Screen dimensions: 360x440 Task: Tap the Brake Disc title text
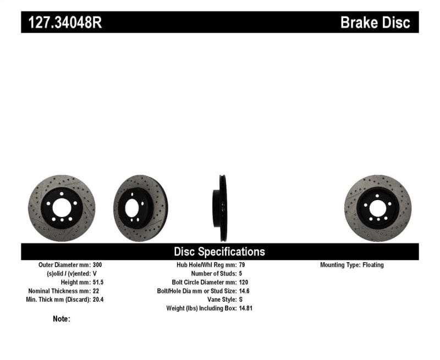(x=375, y=23)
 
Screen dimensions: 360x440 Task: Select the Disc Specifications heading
(x=219, y=252)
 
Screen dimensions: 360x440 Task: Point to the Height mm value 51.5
(x=97, y=282)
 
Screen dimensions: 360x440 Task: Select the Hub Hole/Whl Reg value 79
(x=243, y=265)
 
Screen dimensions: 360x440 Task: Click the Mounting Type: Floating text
(x=352, y=265)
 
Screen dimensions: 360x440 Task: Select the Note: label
(x=62, y=319)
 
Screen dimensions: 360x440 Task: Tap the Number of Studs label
(x=213, y=273)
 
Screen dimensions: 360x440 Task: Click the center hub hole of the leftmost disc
(x=62, y=208)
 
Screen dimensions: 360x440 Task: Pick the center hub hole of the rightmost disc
(x=377, y=208)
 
